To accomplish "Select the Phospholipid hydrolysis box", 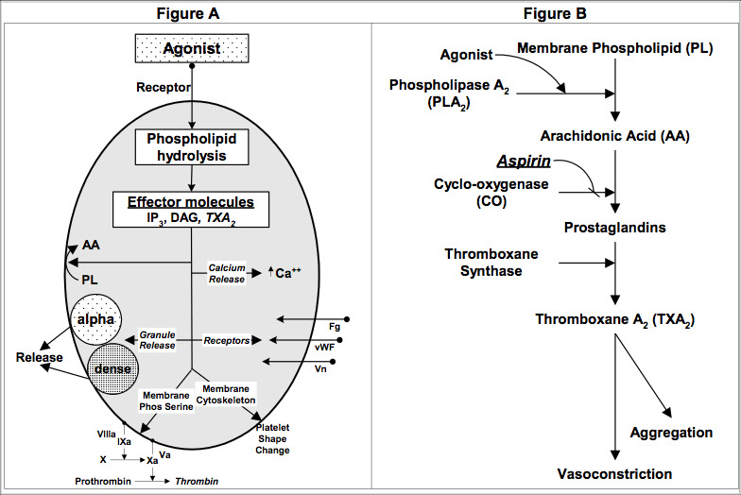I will point(191,147).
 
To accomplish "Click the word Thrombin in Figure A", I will point(200,481).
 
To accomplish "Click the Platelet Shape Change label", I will point(272,439).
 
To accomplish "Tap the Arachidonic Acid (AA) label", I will point(614,135).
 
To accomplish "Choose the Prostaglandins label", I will point(615,228).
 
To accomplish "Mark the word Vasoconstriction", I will point(614,473).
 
